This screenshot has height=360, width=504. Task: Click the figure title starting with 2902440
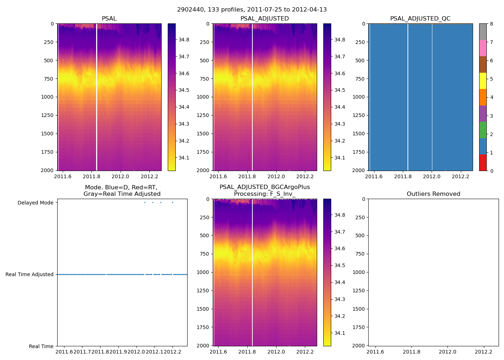[252, 10]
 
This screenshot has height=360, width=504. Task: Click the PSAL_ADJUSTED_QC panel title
[420, 19]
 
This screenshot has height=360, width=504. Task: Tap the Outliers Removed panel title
[433, 194]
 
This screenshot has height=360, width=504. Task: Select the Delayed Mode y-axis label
[35, 203]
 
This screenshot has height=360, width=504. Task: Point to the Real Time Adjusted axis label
[30, 274]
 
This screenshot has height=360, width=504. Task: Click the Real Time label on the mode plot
[41, 346]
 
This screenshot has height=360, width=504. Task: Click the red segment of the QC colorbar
[483, 162]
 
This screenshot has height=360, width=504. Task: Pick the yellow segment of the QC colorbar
[483, 81]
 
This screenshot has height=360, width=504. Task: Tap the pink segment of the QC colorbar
[483, 48]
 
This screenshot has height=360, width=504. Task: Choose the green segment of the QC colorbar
[483, 130]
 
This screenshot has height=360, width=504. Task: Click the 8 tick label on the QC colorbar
[491, 24]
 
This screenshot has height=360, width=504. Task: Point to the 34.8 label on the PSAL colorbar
[184, 40]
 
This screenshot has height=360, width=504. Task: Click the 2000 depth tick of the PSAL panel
[48, 170]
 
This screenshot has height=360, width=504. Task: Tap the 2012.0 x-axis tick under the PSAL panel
[120, 176]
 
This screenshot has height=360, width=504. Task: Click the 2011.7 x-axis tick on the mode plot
[82, 352]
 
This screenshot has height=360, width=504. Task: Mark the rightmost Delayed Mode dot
[172, 202]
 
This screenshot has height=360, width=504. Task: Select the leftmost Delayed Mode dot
[145, 202]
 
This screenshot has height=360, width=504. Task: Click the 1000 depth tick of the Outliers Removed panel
[359, 272]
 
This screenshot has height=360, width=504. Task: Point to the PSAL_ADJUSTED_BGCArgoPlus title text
[265, 187]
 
